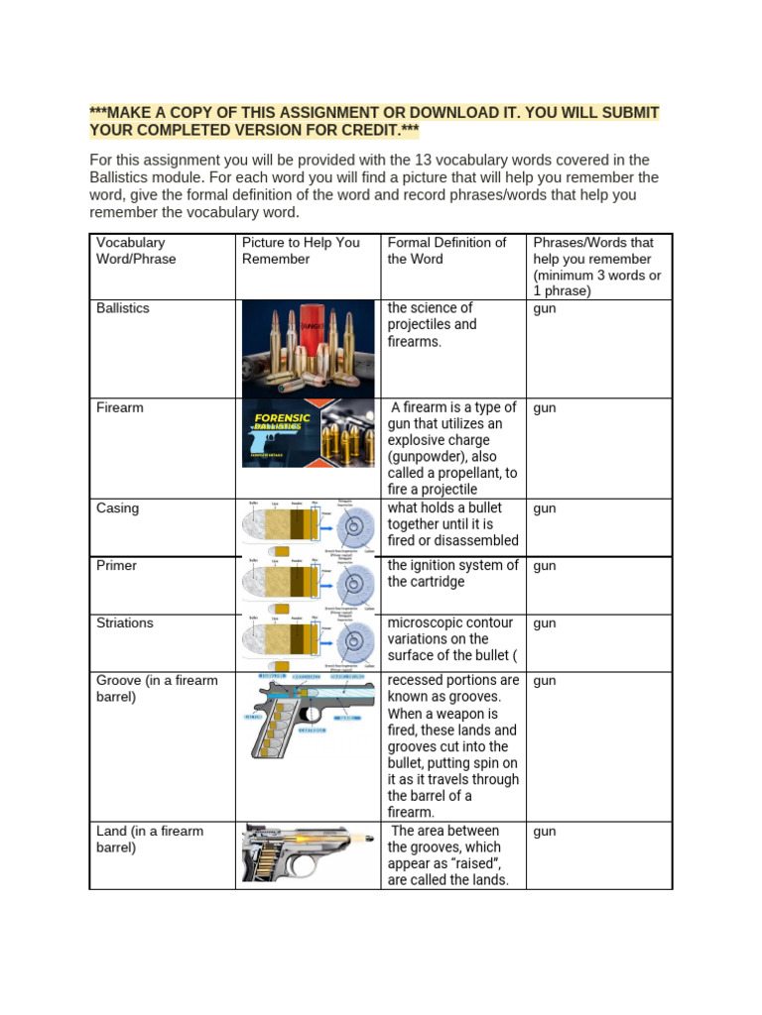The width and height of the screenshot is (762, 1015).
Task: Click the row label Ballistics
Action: click(123, 308)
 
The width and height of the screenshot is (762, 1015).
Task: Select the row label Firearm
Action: click(120, 407)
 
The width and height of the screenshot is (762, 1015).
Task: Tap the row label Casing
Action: click(118, 508)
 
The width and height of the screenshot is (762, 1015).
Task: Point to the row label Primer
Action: click(117, 566)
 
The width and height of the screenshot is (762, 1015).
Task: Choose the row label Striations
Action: click(125, 623)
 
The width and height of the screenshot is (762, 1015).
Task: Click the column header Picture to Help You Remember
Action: click(302, 251)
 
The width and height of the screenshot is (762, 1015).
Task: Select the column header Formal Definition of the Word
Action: click(446, 251)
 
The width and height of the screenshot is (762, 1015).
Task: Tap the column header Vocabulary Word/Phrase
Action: click(136, 251)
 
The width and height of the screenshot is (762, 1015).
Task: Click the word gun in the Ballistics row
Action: click(545, 309)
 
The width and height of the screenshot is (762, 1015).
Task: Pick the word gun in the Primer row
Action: click(545, 567)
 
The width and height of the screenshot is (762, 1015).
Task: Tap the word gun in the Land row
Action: click(545, 832)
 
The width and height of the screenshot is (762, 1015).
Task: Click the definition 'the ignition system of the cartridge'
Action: click(452, 574)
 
